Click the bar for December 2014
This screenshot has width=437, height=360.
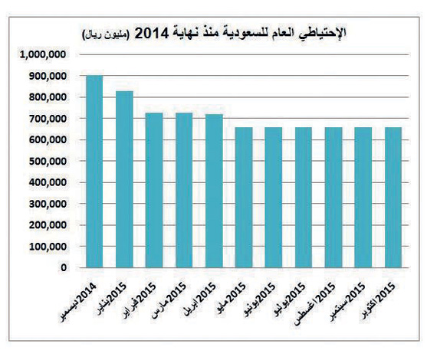coord(94,172)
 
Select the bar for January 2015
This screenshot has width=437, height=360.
coord(124,180)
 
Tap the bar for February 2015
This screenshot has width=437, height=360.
coord(154,191)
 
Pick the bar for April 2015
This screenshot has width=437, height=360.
coord(214,191)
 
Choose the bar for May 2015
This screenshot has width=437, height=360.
coord(243,198)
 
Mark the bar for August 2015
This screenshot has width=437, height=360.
coord(333,198)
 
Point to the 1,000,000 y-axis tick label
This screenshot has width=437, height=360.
coord(44,55)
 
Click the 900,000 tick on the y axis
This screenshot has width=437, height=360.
coord(48,77)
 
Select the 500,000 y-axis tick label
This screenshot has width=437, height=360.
coord(48,162)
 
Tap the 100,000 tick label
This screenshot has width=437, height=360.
coord(48,247)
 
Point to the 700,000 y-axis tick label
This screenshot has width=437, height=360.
coord(48,119)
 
